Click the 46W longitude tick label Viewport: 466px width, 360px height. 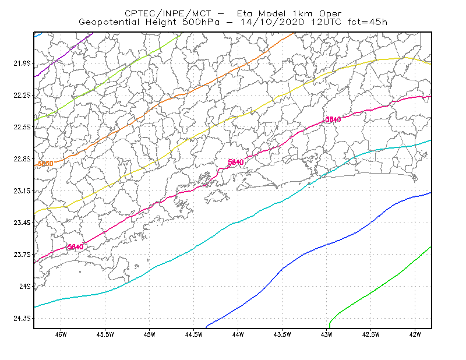pos(61,334)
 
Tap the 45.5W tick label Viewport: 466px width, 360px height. pos(105,334)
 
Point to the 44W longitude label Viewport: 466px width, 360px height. pos(238,334)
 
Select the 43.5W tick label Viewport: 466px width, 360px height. pos(282,334)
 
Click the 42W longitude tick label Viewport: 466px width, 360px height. pos(415,334)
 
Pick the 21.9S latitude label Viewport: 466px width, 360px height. pos(22,63)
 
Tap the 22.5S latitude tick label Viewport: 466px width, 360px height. pos(22,127)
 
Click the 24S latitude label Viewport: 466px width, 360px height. pos(25,286)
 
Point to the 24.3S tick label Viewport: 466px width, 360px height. pos(22,319)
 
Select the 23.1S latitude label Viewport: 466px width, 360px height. pos(22,191)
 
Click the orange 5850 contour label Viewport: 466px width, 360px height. pos(45,164)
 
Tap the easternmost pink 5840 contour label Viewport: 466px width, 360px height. pos(333,119)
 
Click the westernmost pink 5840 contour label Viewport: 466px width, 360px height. pos(76,247)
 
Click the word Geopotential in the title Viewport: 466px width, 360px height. pos(109,22)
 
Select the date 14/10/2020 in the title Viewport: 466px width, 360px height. pos(272,22)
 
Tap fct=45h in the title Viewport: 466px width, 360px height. pos(368,22)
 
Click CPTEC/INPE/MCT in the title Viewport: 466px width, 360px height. pos(168,13)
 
